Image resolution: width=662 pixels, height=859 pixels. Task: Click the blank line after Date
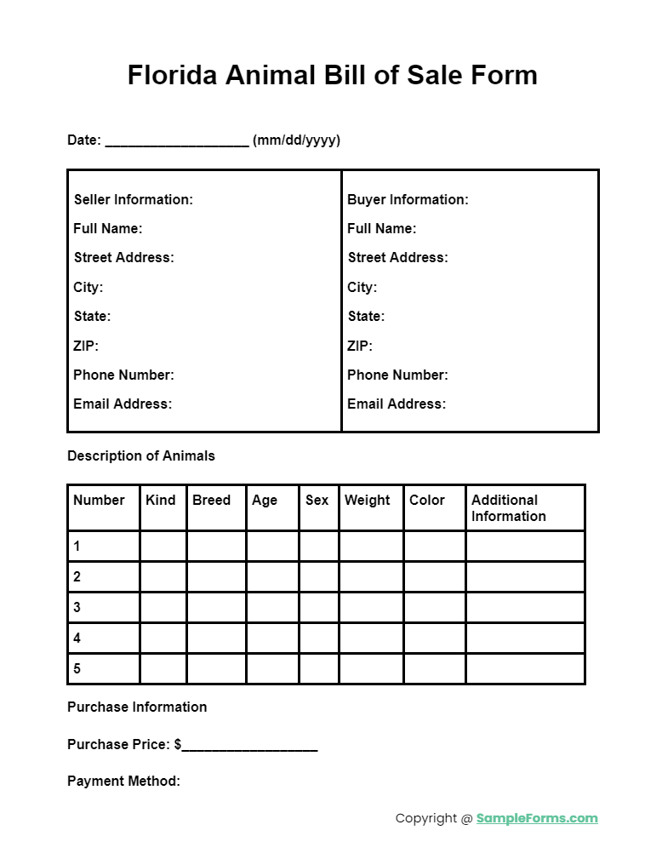pyautogui.click(x=177, y=141)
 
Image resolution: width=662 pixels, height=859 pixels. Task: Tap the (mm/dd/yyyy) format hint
pyautogui.click(x=296, y=140)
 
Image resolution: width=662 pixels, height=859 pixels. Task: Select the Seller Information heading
pyautogui.click(x=134, y=199)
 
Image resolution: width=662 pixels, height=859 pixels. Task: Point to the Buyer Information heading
pyautogui.click(x=408, y=199)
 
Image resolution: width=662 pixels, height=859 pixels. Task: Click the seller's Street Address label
pyautogui.click(x=123, y=257)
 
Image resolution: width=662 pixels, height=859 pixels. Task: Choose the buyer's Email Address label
pyautogui.click(x=397, y=404)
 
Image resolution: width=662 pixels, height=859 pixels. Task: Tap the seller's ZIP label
pyautogui.click(x=86, y=346)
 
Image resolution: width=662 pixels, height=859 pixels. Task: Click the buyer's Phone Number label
pyautogui.click(x=397, y=375)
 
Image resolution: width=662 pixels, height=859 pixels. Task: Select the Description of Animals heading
pyautogui.click(x=141, y=455)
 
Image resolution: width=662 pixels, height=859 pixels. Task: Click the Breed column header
pyautogui.click(x=211, y=500)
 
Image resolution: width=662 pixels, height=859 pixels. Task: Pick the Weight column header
pyautogui.click(x=368, y=500)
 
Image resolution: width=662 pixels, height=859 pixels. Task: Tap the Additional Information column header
pyautogui.click(x=509, y=507)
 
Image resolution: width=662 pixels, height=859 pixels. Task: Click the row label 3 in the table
pyautogui.click(x=77, y=607)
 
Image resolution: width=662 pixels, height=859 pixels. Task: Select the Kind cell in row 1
pyautogui.click(x=163, y=546)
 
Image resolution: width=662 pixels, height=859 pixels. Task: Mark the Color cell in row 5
pyautogui.click(x=434, y=668)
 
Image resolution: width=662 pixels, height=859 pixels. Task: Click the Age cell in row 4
pyautogui.click(x=272, y=638)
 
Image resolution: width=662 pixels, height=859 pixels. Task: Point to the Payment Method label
pyautogui.click(x=123, y=781)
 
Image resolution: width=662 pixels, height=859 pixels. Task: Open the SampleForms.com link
pyautogui.click(x=537, y=818)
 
